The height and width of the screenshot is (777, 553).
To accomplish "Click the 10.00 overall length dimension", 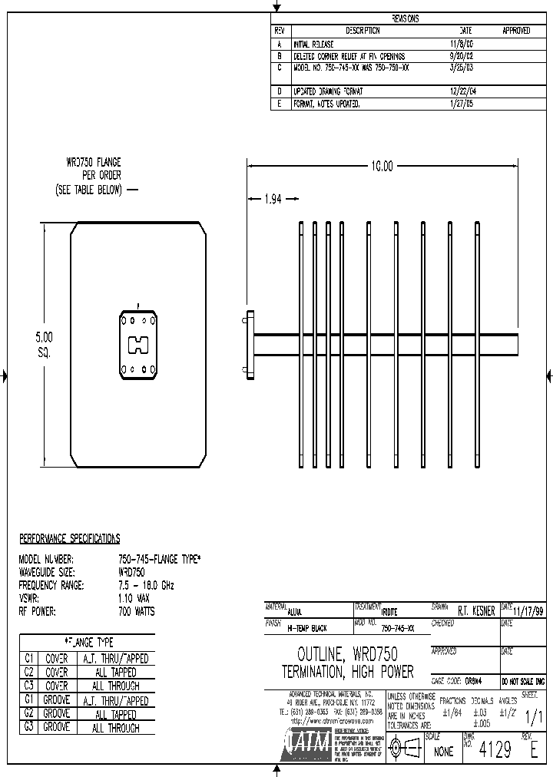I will [382, 166].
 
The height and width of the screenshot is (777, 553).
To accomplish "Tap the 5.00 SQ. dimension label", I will [45, 344].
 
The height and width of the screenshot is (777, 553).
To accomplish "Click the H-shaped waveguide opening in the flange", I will [138, 345].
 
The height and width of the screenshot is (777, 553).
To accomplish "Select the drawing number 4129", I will [494, 750].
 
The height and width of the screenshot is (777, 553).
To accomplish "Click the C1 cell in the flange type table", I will [29, 659].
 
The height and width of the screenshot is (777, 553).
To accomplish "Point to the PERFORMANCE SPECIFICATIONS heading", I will [69, 538].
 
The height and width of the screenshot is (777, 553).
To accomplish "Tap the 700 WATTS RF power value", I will [136, 611].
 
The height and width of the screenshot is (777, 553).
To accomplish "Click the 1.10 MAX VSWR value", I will [134, 598].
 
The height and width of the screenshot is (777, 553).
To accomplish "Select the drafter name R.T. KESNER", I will [476, 611].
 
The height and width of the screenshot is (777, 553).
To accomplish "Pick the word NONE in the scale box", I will [443, 752].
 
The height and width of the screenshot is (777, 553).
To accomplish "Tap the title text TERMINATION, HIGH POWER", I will [347, 672].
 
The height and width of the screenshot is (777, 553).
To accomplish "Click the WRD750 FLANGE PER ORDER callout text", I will [93, 176].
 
